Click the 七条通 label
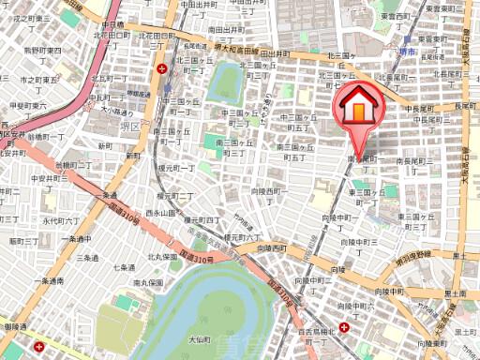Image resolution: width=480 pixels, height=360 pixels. click(x=125, y=267)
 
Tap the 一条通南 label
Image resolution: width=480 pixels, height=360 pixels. click(x=49, y=280)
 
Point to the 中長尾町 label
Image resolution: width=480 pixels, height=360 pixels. click(x=420, y=110)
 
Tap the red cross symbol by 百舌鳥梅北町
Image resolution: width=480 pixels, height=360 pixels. click(x=347, y=328)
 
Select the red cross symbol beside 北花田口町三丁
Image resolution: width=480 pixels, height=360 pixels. click(x=164, y=68)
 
